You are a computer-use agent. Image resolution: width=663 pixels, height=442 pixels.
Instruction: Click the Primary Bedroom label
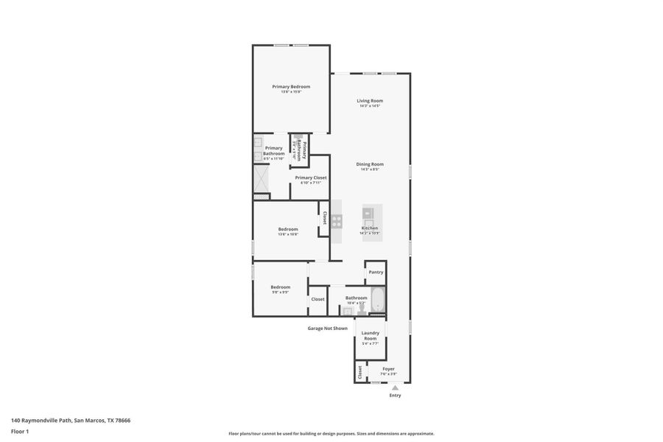(x=290, y=87)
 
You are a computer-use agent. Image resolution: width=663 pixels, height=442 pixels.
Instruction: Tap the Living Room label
(x=370, y=101)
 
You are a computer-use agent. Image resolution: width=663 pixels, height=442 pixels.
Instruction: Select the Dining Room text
(x=370, y=164)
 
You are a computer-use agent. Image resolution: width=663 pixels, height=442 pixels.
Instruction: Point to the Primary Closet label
(x=310, y=178)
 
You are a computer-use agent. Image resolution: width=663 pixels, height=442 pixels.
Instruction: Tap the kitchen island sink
(x=368, y=214)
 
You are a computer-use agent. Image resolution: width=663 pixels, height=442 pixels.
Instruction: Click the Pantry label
(x=376, y=272)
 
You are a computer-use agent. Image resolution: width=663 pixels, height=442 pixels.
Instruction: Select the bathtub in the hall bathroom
(x=377, y=299)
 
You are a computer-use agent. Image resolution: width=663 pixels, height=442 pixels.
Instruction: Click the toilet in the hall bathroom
(x=362, y=311)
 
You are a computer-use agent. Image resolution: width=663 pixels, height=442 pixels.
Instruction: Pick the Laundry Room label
(x=370, y=335)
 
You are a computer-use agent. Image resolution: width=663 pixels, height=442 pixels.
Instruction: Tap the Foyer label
(x=388, y=368)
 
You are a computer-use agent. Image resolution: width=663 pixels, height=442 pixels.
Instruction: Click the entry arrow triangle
(x=395, y=387)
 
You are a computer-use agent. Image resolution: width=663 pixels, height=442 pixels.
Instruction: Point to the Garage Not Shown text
(x=327, y=329)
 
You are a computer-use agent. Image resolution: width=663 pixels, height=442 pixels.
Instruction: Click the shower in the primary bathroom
(x=262, y=177)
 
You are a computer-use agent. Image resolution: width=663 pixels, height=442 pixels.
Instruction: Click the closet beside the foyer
(x=359, y=372)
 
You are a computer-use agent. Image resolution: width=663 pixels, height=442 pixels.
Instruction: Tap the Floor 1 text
(x=19, y=431)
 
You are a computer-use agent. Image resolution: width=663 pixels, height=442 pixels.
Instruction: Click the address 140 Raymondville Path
(x=71, y=421)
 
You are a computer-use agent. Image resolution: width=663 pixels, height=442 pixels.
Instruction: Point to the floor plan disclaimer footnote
(x=331, y=434)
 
